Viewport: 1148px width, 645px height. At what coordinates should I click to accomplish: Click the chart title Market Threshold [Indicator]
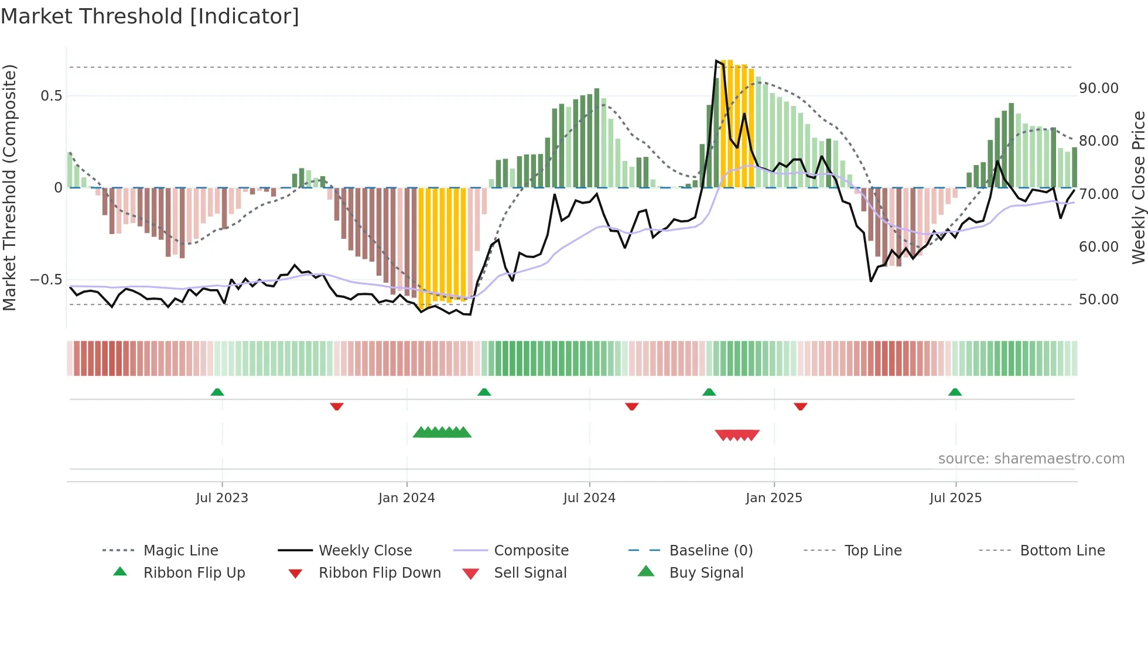(150, 16)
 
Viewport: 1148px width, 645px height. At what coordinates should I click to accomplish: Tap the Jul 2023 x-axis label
(222, 498)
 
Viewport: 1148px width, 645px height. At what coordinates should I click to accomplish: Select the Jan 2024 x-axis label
(406, 498)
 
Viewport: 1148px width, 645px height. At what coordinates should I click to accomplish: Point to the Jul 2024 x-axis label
(589, 498)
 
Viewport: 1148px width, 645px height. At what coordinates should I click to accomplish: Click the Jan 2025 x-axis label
(774, 498)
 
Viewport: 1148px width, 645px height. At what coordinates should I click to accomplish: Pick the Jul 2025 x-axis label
(955, 498)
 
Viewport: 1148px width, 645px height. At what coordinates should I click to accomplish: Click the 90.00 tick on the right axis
(1098, 88)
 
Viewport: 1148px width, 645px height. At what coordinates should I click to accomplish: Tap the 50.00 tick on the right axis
(1098, 300)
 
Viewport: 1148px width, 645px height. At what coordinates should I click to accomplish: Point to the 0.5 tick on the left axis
(51, 96)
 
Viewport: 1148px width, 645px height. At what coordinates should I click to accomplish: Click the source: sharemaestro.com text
(1031, 459)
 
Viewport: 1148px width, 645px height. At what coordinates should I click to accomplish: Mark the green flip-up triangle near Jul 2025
(955, 392)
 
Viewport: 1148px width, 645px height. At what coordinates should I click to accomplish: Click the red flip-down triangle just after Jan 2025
(800, 406)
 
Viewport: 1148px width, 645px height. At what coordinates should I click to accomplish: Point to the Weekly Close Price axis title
(1138, 187)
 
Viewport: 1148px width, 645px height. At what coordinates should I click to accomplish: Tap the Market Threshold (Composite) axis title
(9, 187)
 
